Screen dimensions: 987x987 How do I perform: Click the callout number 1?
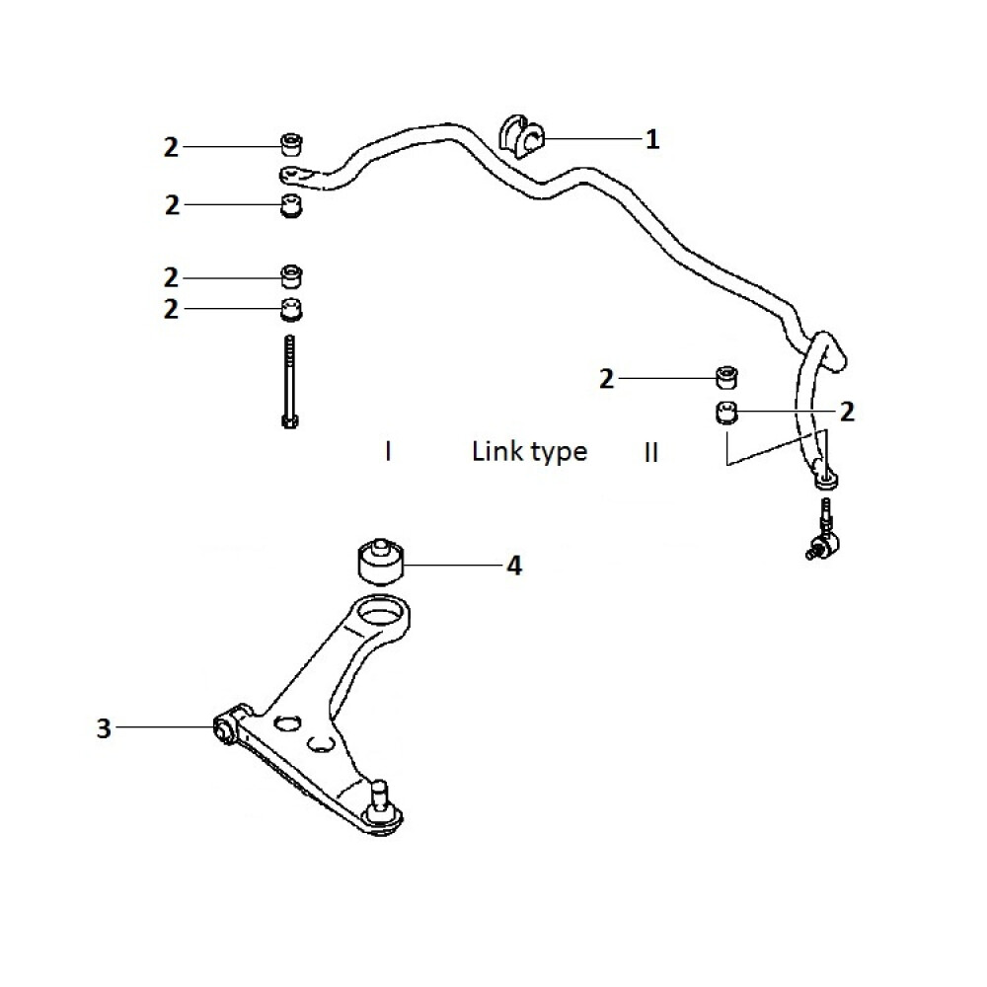point(651,139)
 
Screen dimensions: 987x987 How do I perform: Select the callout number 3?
point(104,729)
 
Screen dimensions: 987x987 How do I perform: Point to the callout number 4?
point(513,566)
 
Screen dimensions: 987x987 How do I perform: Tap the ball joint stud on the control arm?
point(381,792)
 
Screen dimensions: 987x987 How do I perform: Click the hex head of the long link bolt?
point(288,421)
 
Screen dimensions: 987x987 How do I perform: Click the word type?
point(560,453)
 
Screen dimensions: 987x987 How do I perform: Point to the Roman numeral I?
point(389,452)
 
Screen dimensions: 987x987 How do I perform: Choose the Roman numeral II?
point(651,453)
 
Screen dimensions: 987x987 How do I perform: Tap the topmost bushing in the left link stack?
point(291,144)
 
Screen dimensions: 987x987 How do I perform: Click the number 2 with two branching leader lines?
point(846,412)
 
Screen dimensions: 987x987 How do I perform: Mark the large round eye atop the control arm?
point(382,612)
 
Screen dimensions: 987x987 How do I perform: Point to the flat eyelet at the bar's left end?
point(296,176)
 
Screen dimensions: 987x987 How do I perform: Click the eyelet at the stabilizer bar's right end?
point(824,481)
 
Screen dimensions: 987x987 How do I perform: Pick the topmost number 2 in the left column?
point(173,147)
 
